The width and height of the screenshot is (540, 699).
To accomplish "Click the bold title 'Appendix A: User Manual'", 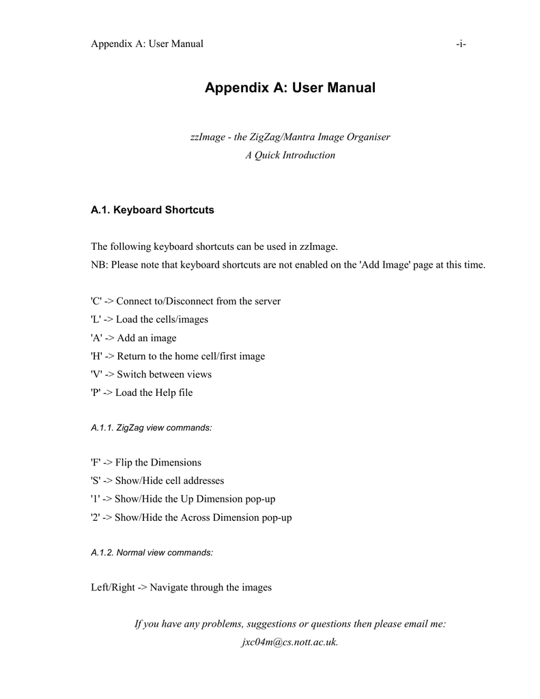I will (290, 88).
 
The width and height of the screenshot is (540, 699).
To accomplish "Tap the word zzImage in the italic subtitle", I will (207, 137).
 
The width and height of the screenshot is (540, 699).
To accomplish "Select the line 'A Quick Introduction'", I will (290, 155).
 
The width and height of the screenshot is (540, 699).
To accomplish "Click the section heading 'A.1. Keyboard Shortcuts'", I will (152, 210).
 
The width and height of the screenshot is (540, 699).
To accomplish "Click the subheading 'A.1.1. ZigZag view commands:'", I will (151, 427).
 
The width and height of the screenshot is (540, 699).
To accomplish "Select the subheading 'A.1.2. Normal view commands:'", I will (152, 552).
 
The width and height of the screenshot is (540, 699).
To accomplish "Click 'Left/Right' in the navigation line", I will (113, 587).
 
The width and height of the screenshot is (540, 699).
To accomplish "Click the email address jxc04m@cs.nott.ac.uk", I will (290, 642).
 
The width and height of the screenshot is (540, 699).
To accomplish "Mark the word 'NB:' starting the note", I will (100, 264).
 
